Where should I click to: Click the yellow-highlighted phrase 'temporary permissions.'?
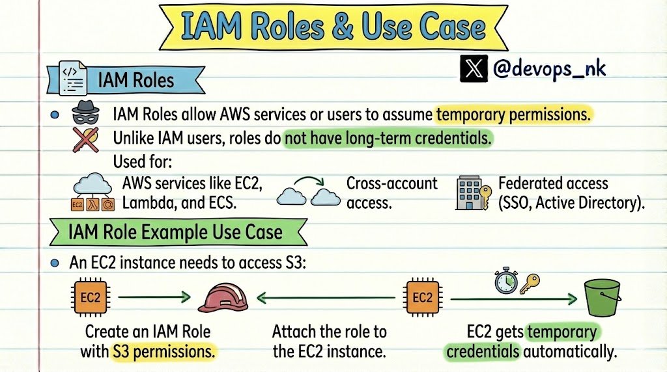click(x=513, y=115)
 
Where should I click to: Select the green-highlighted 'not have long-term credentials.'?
click(x=387, y=139)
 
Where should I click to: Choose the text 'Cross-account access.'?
click(x=391, y=193)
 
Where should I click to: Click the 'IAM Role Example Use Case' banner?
click(x=176, y=232)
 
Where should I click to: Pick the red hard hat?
click(x=223, y=298)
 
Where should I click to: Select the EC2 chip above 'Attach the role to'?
click(x=422, y=298)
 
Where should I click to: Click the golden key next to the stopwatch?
click(x=530, y=282)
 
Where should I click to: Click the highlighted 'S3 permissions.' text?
click(x=163, y=352)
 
